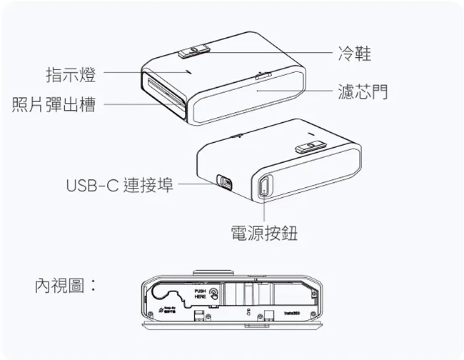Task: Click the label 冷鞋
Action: click(x=354, y=53)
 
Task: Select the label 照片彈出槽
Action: click(x=54, y=105)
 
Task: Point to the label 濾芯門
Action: click(x=363, y=91)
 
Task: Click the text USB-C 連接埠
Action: click(x=119, y=186)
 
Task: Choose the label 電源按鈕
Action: click(x=264, y=233)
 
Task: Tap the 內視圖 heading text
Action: click(x=66, y=286)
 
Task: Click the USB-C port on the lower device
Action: click(x=224, y=182)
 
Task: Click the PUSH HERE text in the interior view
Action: click(x=201, y=294)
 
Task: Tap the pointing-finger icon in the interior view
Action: click(x=213, y=294)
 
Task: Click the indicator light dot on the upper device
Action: click(x=187, y=71)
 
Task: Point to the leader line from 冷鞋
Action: click(x=271, y=52)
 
